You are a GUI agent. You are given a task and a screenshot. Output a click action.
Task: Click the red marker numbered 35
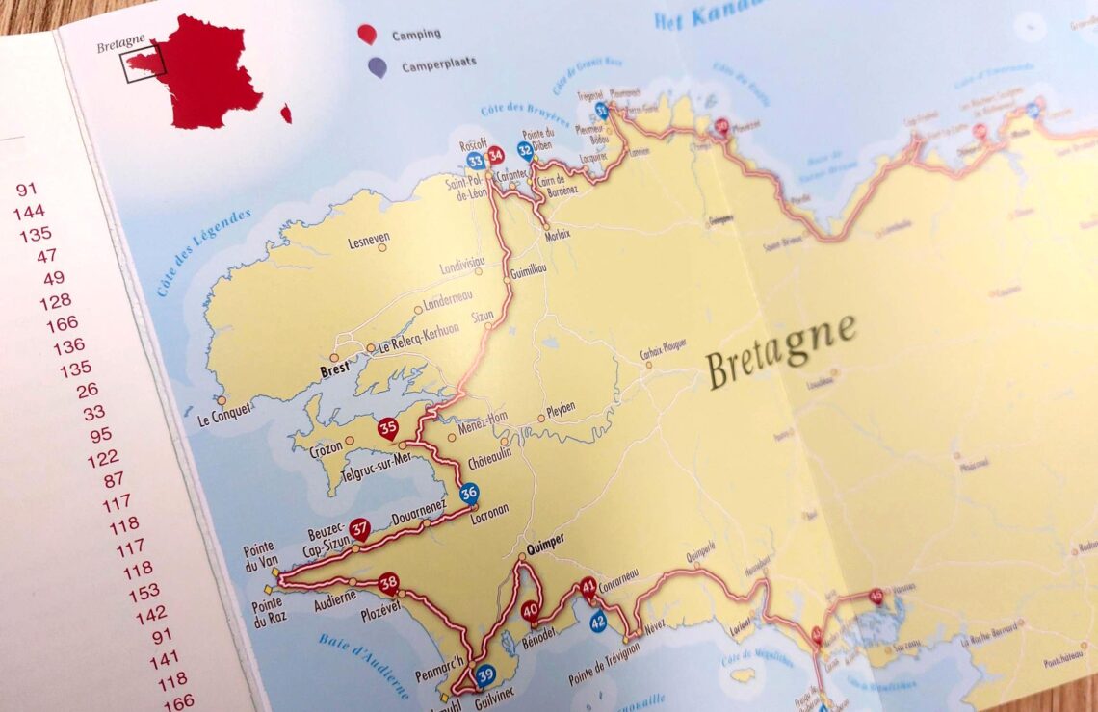tap(388, 428)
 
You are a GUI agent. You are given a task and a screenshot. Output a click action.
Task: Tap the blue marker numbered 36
tap(469, 494)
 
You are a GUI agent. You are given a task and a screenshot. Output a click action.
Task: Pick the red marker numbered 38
tap(388, 582)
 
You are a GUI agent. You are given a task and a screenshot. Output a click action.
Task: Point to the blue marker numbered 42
tap(599, 620)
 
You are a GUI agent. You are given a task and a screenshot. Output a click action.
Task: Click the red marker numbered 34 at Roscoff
tap(496, 155)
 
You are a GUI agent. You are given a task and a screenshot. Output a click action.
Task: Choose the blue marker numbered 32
tap(525, 150)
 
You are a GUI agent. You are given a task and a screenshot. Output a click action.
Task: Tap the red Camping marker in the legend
tap(367, 34)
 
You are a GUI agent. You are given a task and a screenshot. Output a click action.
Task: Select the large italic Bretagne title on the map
tap(781, 352)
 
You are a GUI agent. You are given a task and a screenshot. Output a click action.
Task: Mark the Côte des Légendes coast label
tap(201, 252)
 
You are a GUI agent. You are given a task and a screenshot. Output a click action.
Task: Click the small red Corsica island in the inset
tap(286, 114)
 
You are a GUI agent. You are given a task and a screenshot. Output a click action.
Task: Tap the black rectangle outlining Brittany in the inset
tap(143, 61)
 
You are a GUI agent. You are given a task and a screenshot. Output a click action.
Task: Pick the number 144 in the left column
tap(29, 212)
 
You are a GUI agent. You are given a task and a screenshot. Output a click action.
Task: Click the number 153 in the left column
tap(144, 592)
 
